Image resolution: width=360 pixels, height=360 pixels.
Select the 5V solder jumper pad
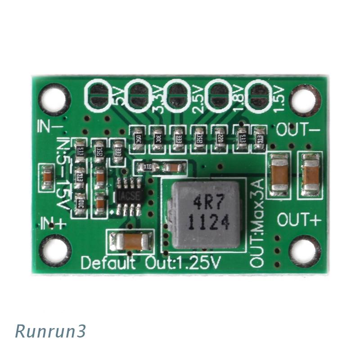tap(98, 94)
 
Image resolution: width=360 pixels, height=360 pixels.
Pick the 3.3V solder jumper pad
tap(137, 94)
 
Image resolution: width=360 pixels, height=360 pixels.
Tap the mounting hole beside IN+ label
tap(57, 249)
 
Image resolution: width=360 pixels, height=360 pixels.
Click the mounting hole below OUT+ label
tap(303, 250)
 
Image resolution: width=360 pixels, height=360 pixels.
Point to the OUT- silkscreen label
tap(298, 130)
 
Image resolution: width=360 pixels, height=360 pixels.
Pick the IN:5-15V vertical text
tap(63, 175)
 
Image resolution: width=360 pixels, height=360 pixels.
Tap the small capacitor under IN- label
tap(47, 177)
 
